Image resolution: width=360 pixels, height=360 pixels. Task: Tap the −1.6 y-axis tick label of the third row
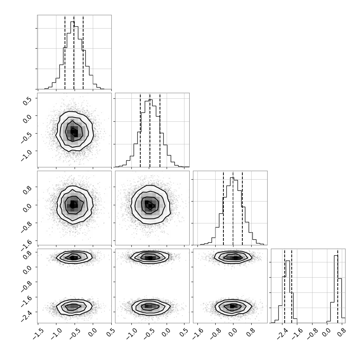click(26, 244)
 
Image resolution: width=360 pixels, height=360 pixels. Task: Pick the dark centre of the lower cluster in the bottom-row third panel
click(232, 306)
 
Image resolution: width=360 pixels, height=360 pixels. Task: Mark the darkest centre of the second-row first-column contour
click(74, 132)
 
